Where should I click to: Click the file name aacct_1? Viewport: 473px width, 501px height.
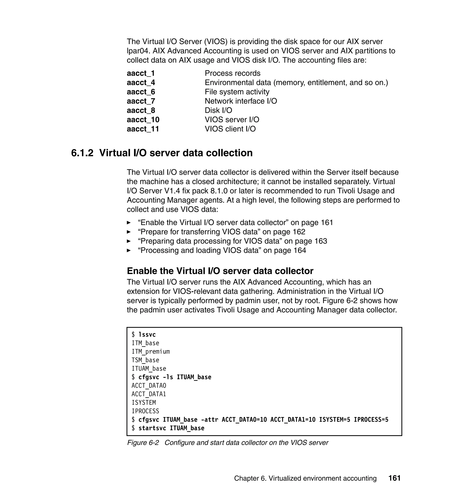point(141,73)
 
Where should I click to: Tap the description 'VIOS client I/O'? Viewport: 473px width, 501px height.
point(230,129)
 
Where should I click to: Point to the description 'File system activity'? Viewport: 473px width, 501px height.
point(237,92)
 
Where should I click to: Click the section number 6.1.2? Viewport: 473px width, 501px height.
point(82,153)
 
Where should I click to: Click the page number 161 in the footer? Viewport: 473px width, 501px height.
point(394,478)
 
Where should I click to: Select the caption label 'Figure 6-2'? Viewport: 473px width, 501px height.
point(143,443)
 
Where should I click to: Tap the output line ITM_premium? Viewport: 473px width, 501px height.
point(151,352)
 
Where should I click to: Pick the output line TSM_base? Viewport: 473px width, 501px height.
point(145,360)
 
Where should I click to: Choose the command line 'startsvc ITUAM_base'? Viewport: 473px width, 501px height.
point(171,428)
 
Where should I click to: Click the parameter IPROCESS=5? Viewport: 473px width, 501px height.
point(371,419)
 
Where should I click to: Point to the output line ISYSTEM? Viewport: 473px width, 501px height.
point(144,403)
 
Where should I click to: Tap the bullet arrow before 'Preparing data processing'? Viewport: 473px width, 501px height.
point(129,241)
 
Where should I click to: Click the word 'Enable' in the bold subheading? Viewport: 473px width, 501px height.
point(142,271)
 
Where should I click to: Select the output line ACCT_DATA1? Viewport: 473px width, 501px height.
point(149,394)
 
